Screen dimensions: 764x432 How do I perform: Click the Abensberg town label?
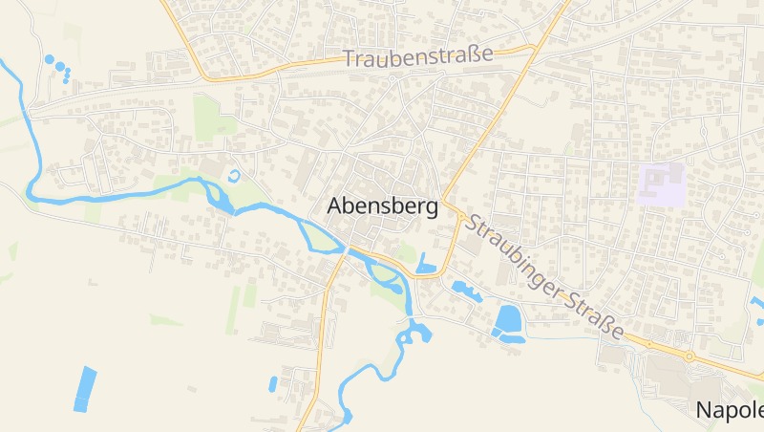(x=382, y=205)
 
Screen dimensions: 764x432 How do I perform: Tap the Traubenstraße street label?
(x=417, y=56)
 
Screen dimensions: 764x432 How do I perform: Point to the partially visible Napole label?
(x=730, y=410)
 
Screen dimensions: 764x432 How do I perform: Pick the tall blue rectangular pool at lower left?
(x=85, y=388)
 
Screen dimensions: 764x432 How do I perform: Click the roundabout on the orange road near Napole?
(x=688, y=356)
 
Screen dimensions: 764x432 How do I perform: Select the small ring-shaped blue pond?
(x=235, y=176)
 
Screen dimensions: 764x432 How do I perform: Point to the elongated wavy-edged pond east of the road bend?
(x=467, y=287)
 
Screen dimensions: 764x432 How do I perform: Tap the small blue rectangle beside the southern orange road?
(x=272, y=384)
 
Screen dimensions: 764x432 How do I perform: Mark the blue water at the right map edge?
(x=757, y=304)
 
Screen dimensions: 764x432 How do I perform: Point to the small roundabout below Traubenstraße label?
(x=392, y=79)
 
